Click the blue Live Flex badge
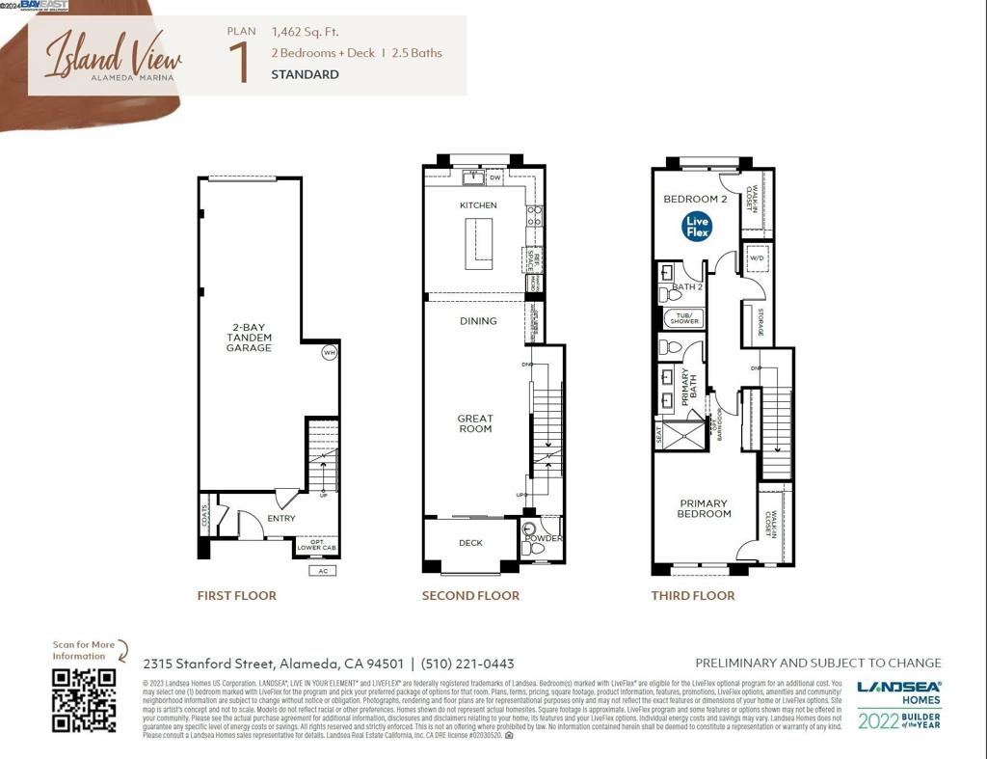tap(697, 228)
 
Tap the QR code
tap(84, 699)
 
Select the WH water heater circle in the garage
tap(329, 352)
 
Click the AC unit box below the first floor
tap(322, 571)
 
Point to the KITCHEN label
tap(478, 205)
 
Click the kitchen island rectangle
tap(479, 244)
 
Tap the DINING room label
tap(478, 321)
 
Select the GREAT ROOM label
tap(475, 423)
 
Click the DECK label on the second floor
tap(470, 543)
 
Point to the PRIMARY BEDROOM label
tap(704, 508)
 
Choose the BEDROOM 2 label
tap(695, 200)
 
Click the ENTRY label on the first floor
tap(281, 519)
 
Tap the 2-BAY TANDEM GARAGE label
tap(250, 338)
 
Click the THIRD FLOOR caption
tap(692, 596)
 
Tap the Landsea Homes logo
tap(899, 692)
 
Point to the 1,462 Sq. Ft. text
tap(306, 32)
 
